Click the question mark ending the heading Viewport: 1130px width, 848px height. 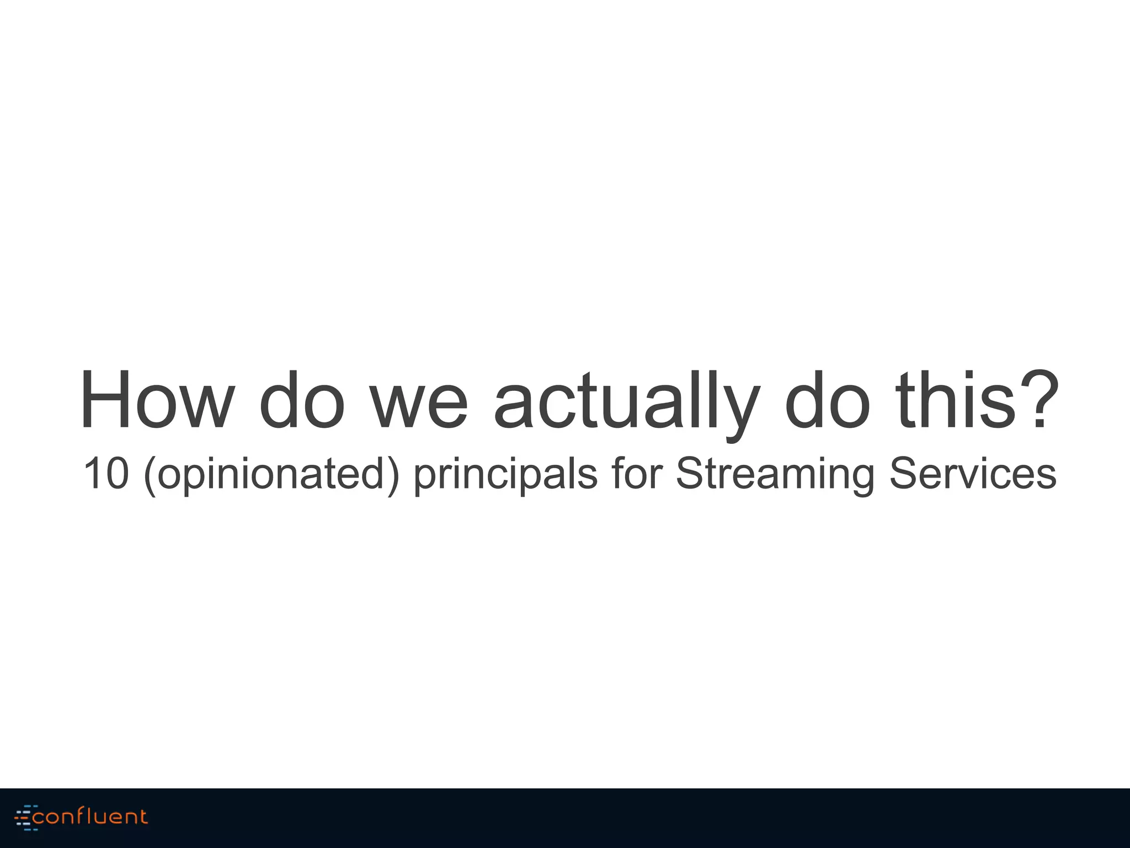[x=1040, y=400]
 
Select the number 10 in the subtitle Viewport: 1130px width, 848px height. [x=106, y=473]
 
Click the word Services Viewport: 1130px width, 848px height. [x=972, y=473]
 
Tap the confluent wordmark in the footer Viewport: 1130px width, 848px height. [x=90, y=817]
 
